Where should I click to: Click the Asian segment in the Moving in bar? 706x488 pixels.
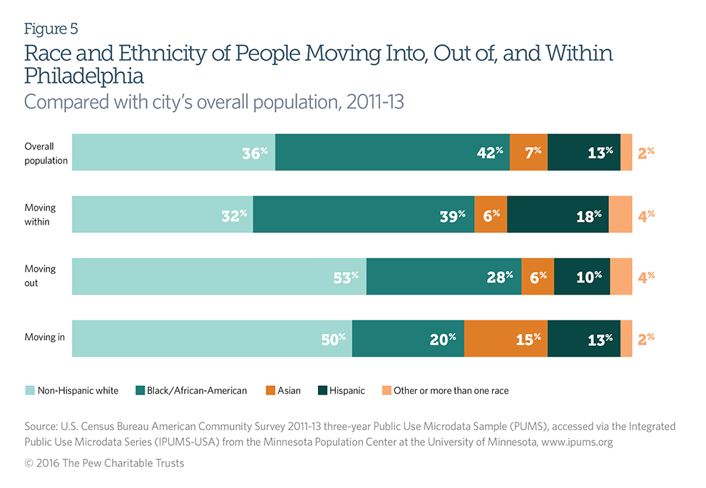(506, 339)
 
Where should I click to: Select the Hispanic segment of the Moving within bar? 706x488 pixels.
(558, 214)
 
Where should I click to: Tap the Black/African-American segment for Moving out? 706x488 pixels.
(444, 276)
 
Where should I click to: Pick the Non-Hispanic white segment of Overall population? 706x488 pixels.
(173, 151)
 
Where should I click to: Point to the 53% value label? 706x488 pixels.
(345, 277)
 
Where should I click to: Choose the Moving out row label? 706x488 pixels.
(40, 276)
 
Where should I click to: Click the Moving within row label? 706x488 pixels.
(40, 214)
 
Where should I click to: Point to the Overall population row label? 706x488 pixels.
(46, 153)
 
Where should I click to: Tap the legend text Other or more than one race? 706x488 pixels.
(451, 390)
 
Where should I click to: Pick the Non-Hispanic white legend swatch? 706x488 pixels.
(30, 390)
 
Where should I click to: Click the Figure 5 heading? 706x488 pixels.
(51, 29)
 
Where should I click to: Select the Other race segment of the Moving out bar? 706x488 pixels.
(620, 276)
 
